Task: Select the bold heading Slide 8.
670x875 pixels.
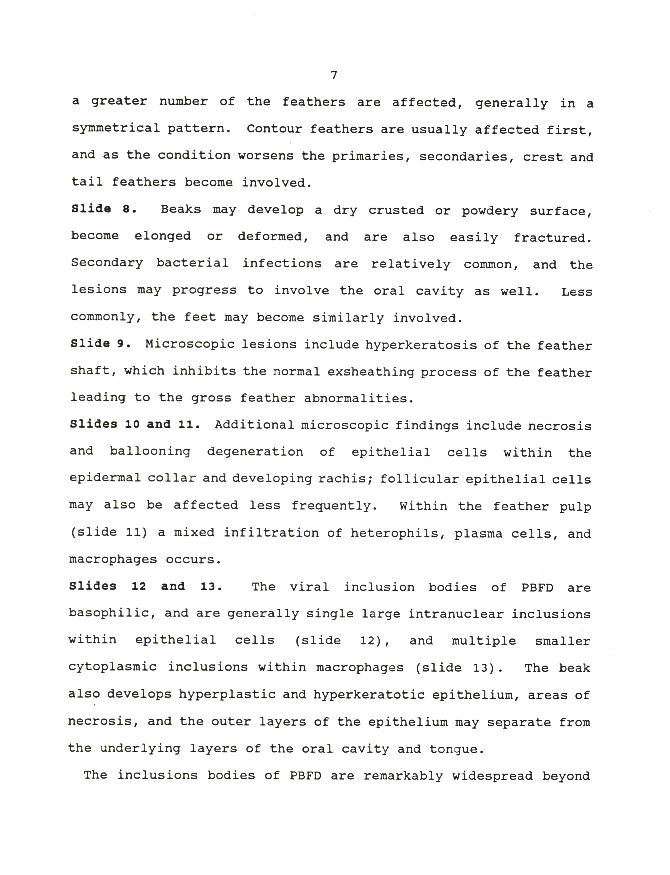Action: (x=104, y=209)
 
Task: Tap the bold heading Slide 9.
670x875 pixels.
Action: (x=100, y=343)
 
